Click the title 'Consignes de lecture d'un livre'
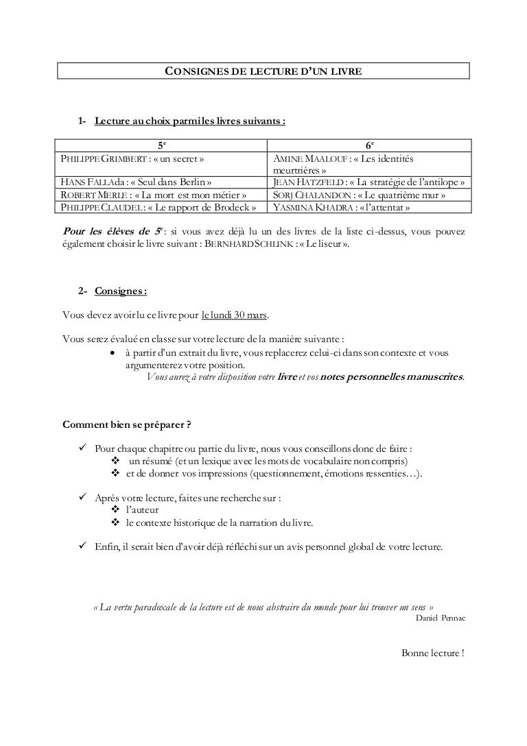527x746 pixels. (x=263, y=71)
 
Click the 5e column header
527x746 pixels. (x=162, y=145)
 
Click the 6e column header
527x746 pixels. (x=369, y=145)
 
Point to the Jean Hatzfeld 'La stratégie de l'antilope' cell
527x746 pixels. (x=369, y=182)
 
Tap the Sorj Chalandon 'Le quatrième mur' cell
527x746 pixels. (x=359, y=195)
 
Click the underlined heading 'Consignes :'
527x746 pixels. (x=121, y=291)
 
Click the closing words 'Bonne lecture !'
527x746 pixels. (x=432, y=651)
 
